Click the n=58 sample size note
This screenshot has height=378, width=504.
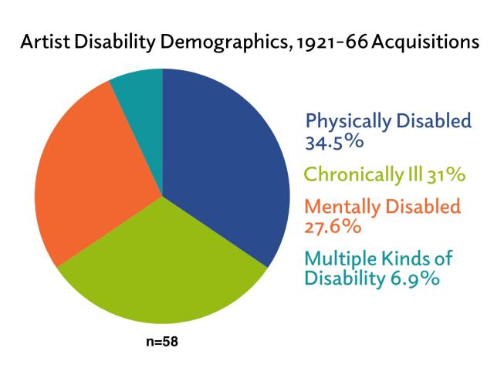tap(162, 341)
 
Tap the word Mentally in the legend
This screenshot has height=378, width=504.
tap(340, 208)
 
